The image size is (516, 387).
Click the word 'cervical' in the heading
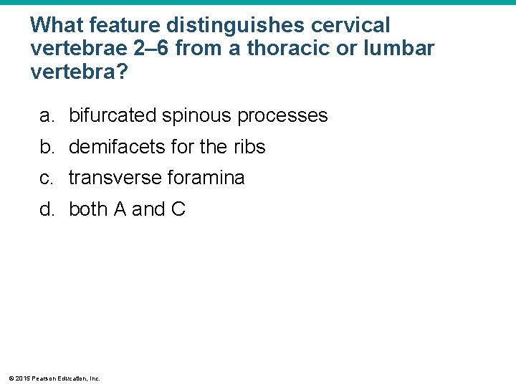click(351, 26)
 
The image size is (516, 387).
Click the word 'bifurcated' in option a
click(112, 116)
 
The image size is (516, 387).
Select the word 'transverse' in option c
click(112, 178)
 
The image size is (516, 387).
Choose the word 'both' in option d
click(88, 209)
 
